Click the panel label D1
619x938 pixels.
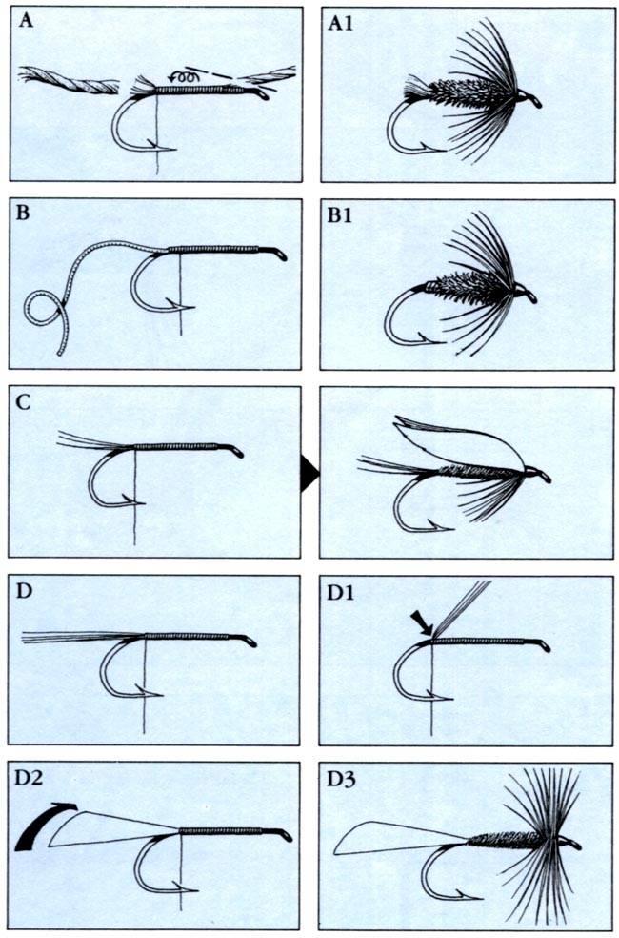(341, 593)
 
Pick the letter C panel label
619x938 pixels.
(23, 402)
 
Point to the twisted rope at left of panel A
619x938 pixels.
(69, 81)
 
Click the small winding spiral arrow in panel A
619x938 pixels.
(184, 77)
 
